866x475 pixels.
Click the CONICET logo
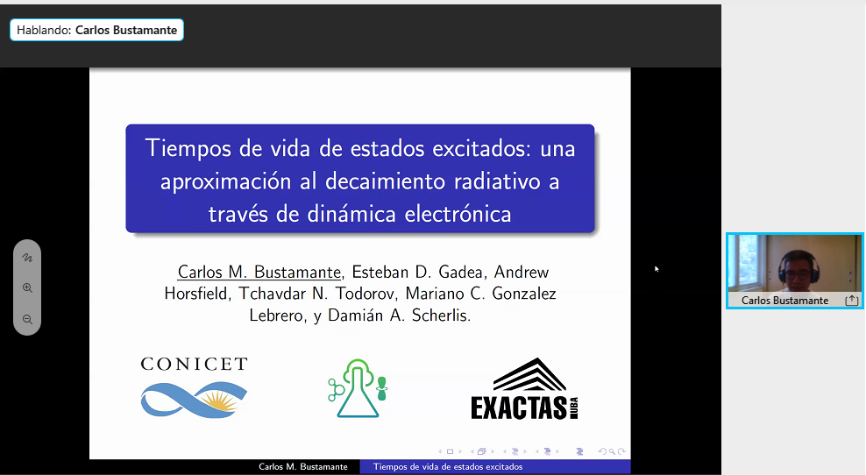[x=194, y=387]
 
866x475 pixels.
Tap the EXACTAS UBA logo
[x=524, y=389]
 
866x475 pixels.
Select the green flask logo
[x=358, y=388]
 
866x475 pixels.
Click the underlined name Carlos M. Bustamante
[x=259, y=272]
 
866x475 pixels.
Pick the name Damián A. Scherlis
[x=399, y=315]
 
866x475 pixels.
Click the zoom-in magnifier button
[x=27, y=287]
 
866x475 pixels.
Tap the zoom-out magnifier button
[x=27, y=319]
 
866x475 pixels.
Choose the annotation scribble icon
[x=27, y=258]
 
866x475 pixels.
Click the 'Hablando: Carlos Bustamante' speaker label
[x=96, y=30]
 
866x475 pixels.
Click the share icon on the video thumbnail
[x=852, y=300]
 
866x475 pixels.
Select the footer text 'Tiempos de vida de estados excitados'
[x=448, y=467]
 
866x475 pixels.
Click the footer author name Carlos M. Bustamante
[x=303, y=467]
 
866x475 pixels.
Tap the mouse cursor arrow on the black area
[x=657, y=269]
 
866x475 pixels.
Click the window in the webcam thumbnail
[x=745, y=262]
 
